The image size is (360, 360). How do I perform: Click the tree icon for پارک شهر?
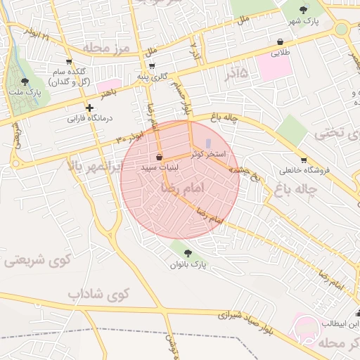(303, 9)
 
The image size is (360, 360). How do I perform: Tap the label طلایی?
(281, 53)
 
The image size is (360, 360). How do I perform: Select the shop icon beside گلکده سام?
(68, 62)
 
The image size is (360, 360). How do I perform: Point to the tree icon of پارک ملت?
(25, 82)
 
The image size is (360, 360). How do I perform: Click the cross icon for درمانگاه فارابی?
(89, 108)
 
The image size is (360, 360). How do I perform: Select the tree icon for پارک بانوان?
(188, 253)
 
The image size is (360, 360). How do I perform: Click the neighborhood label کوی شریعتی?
(39, 259)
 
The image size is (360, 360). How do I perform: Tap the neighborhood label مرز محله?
(107, 49)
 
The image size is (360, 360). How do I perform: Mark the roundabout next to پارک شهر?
(342, 30)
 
